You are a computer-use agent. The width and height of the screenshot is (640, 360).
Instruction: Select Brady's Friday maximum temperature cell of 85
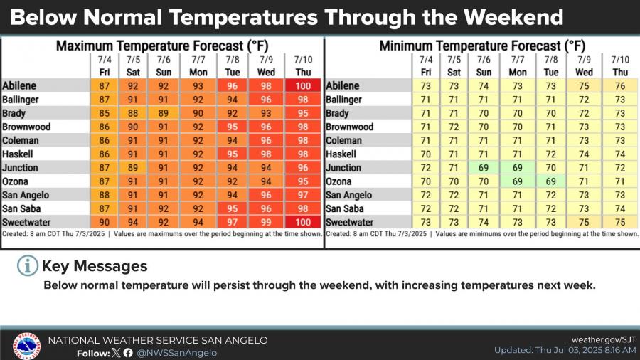(104, 113)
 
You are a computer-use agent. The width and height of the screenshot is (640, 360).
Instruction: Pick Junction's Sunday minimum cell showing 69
(484, 168)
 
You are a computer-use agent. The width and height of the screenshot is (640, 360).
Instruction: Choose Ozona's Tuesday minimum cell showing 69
(552, 182)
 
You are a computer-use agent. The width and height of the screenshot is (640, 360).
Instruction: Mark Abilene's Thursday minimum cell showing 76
(621, 85)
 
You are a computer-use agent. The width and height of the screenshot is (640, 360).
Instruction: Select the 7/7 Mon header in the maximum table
(198, 65)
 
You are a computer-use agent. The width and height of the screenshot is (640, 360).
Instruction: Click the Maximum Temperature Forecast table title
(162, 46)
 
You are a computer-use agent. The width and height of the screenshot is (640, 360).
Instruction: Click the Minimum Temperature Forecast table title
(482, 46)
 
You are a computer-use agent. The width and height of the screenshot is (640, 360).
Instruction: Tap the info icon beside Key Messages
(27, 266)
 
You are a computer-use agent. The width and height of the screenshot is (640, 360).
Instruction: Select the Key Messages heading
(95, 266)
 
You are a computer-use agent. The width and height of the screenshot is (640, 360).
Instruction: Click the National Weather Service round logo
(26, 346)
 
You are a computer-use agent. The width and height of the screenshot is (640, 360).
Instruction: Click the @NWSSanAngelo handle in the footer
(176, 353)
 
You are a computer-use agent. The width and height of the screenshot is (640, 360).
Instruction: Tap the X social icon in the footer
(117, 353)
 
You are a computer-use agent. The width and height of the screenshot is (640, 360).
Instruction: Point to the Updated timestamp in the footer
(565, 351)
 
